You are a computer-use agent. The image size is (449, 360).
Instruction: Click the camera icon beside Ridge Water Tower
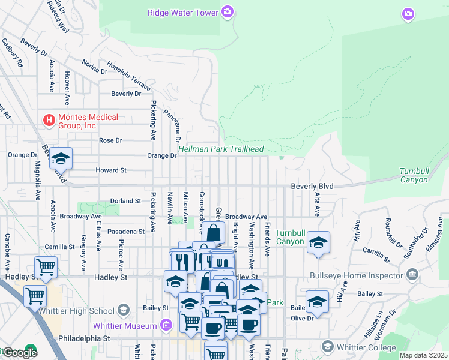[228, 11]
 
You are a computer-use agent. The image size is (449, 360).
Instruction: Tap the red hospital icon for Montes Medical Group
[49, 121]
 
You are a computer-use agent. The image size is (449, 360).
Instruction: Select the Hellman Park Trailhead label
[221, 149]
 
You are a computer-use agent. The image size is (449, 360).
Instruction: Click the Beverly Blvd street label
[312, 187]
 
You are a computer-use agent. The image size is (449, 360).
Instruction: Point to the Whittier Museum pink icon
[167, 326]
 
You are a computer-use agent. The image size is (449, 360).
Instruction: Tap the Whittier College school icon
[327, 347]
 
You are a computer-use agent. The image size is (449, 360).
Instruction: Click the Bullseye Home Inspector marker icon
[412, 275]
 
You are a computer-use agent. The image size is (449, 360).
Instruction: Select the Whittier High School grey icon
[124, 310]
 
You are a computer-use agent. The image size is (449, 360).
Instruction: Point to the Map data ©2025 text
[423, 355]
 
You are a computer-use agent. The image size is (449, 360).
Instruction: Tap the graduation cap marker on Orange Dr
[61, 159]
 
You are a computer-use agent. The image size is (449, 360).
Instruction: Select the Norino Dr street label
[94, 68]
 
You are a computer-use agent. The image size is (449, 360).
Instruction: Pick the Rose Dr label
[110, 140]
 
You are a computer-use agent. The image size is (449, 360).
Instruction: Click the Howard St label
[111, 170]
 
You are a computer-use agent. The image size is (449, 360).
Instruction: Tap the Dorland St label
[125, 201]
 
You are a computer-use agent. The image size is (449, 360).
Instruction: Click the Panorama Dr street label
[176, 119]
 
